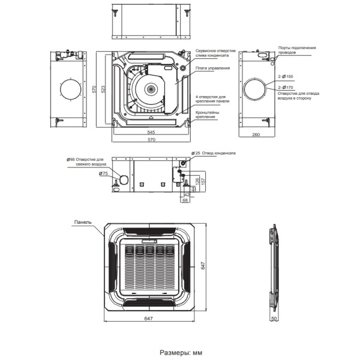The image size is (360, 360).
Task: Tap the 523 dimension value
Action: [x=103, y=89]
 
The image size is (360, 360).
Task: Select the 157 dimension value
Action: [x=203, y=181]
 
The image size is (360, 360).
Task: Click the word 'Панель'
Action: [x=83, y=221]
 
